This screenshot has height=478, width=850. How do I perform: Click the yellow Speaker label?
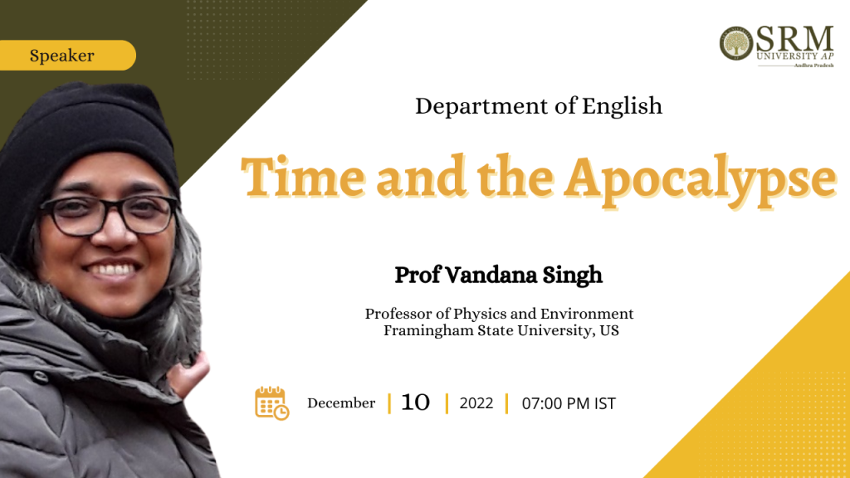pos(67,56)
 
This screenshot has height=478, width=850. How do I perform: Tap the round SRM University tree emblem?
pos(736,43)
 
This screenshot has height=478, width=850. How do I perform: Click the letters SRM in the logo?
pos(794,39)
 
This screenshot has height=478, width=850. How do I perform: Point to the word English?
pos(622,106)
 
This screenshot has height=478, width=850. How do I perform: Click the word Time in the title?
pos(303,177)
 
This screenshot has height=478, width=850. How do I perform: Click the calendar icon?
pos(271,403)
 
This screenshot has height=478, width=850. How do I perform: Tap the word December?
pos(341,403)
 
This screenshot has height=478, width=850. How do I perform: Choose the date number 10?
pos(415,402)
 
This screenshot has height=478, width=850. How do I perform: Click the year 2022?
pos(476,404)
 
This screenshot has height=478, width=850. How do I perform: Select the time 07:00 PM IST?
pos(569,404)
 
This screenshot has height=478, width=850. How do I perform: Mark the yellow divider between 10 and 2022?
pos(447,404)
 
